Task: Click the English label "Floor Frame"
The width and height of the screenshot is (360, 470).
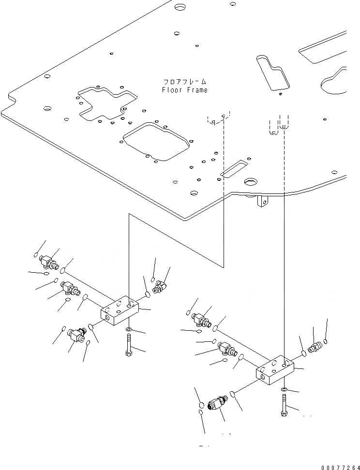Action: coord(184,90)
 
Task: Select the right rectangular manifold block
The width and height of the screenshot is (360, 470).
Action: coord(275,370)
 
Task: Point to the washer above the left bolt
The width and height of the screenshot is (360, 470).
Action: coord(128,330)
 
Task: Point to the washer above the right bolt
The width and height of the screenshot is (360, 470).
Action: coord(284,390)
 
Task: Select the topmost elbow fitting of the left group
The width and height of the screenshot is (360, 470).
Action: coord(49,262)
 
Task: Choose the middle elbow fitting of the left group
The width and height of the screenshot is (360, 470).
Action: coord(70,289)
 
